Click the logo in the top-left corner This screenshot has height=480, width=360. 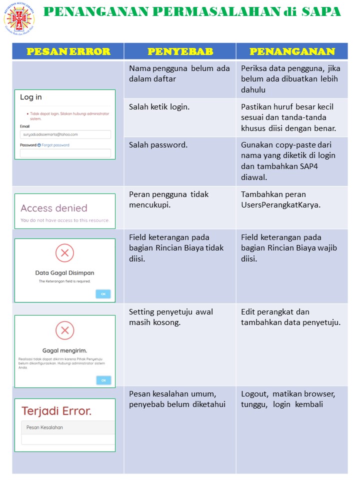click(19, 19)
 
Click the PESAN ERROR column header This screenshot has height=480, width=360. click(68, 51)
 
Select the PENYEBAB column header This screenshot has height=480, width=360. click(180, 51)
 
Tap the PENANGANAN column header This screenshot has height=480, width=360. click(292, 51)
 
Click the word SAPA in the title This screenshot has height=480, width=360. click(321, 11)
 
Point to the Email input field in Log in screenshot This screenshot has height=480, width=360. click(65, 134)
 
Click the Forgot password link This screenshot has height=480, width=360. click(55, 145)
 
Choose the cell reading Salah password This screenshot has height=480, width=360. click(158, 145)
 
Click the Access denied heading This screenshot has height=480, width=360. click(54, 208)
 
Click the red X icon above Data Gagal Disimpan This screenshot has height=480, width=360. click(64, 253)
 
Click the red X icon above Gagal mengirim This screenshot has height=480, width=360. click(64, 330)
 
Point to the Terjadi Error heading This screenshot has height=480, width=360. click(56, 411)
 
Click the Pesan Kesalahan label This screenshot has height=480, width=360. click(45, 427)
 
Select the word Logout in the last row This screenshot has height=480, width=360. click(254, 394)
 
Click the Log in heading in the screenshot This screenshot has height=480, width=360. click(31, 97)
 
